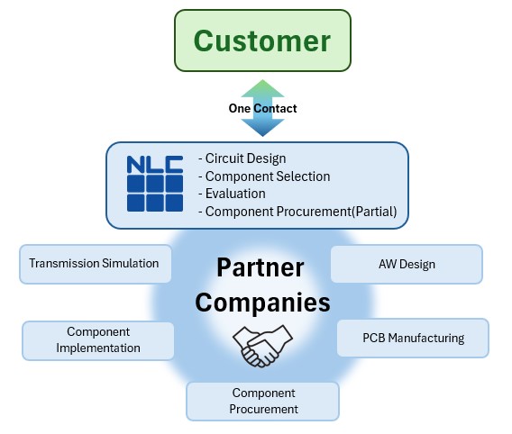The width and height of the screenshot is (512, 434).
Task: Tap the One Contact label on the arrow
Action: tap(261, 108)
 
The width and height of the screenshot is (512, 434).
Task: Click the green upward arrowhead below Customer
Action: tap(261, 88)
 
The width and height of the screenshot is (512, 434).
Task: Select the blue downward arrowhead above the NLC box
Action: tap(261, 128)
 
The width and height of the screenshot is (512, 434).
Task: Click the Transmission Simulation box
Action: tap(94, 264)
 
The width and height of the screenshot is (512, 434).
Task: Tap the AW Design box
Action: tap(407, 265)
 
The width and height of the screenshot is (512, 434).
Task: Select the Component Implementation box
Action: tap(97, 340)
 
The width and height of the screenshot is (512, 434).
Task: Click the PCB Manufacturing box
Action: tap(413, 339)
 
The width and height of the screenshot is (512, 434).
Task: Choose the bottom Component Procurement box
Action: tap(263, 401)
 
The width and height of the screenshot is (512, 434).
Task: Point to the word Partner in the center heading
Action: tap(261, 267)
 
